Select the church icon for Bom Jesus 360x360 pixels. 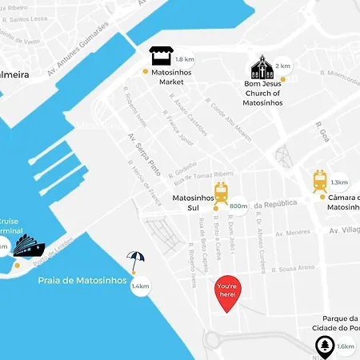[262, 67]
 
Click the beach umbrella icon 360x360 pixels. [136, 262]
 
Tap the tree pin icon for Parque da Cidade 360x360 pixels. [325, 347]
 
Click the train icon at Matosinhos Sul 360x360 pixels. [222, 192]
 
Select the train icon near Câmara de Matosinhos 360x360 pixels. [320, 182]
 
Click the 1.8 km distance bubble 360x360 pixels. [184, 59]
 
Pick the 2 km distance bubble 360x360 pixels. [282, 66]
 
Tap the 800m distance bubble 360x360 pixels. [238, 206]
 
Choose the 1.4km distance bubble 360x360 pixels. [141, 286]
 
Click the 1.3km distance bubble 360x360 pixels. [339, 182]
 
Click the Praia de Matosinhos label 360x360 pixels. [82, 281]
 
